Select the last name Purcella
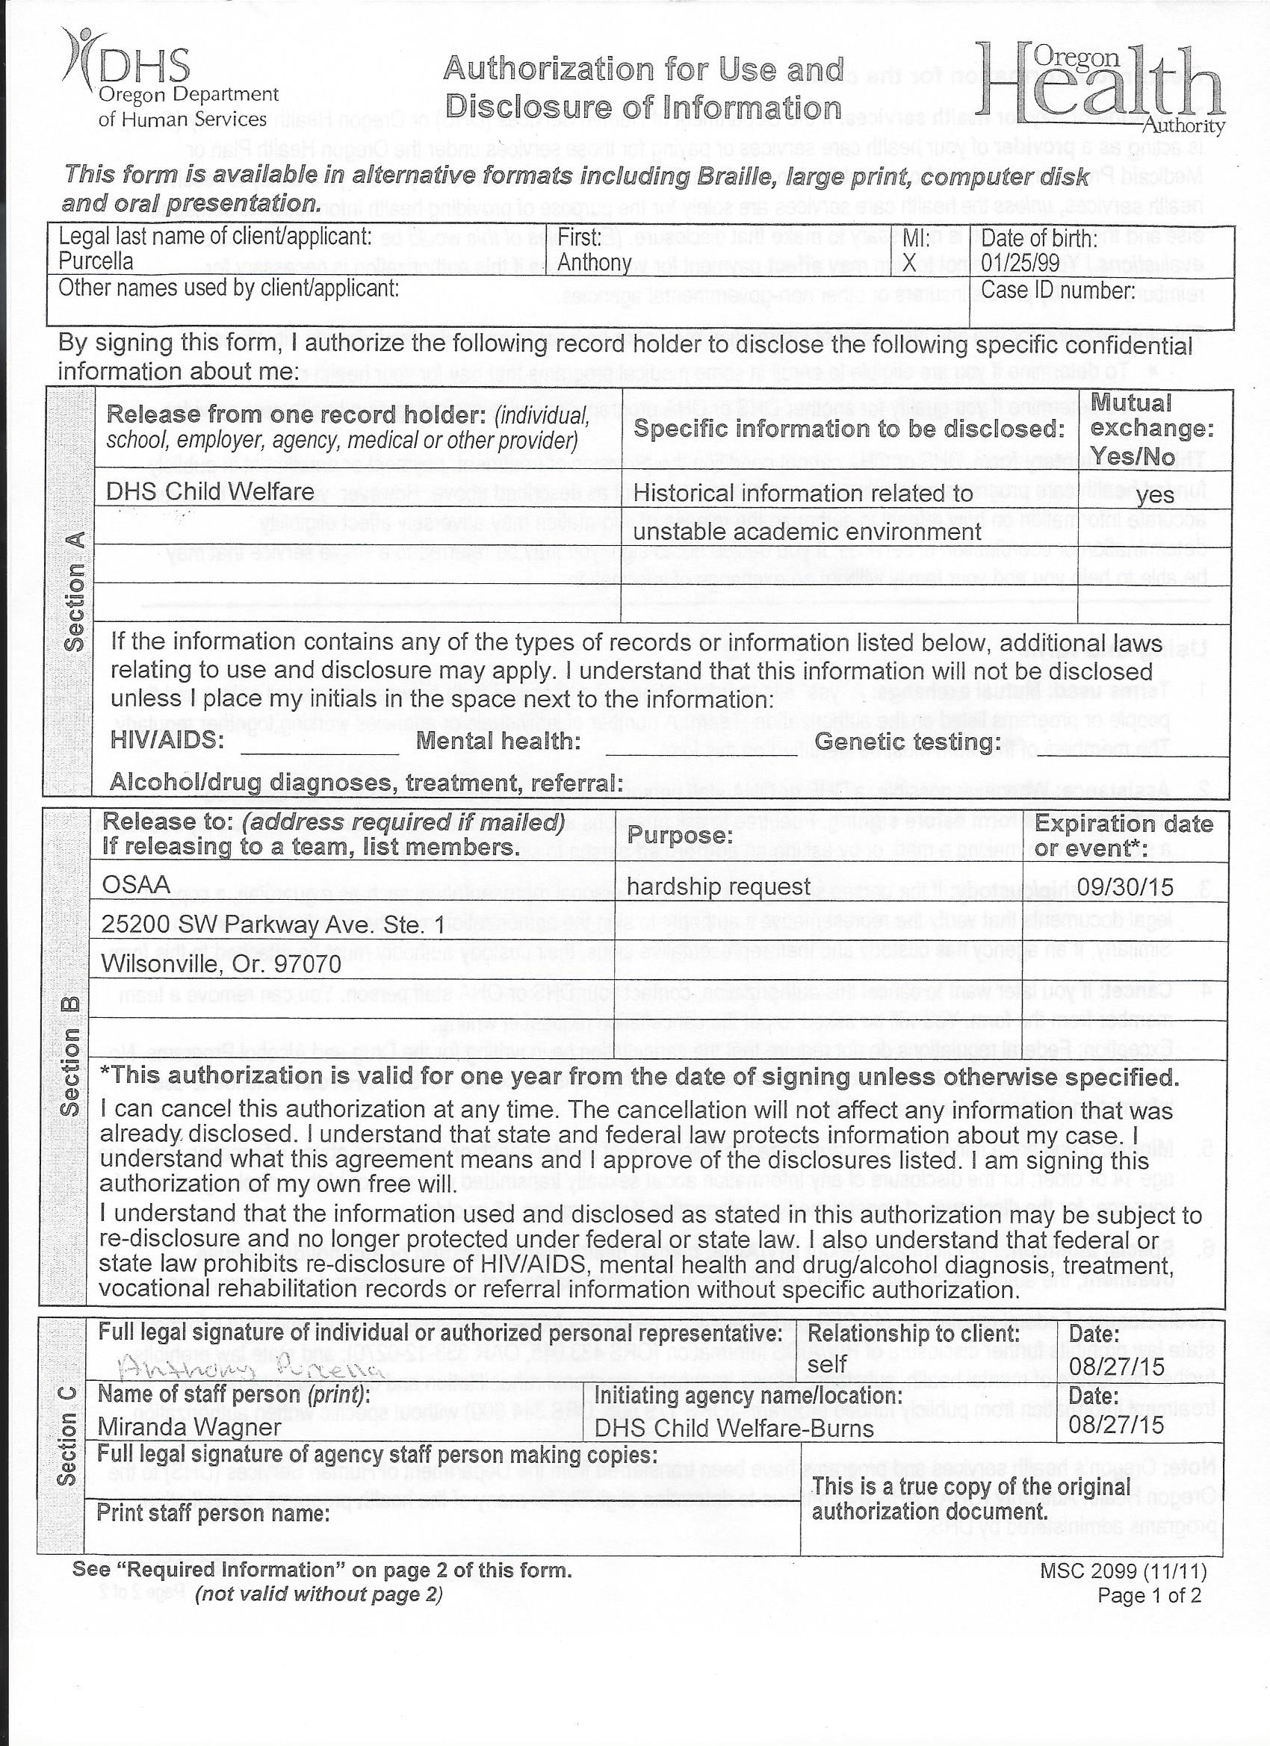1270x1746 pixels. [96, 261]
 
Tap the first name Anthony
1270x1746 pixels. [594, 263]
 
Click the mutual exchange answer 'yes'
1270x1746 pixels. [1154, 494]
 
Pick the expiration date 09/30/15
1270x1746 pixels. [1125, 888]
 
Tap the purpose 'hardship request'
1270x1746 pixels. [719, 887]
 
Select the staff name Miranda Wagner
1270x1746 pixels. [190, 1427]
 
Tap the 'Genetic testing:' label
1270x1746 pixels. [906, 742]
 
